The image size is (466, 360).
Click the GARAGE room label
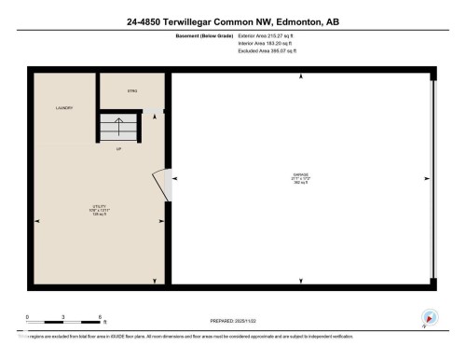[300, 174]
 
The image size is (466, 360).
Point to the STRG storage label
[132, 90]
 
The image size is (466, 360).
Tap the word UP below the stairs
[119, 148]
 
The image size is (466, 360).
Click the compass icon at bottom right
[429, 318]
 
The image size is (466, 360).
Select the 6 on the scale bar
[100, 317]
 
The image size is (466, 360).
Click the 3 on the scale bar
[63, 317]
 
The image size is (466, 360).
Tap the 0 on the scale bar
[27, 317]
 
